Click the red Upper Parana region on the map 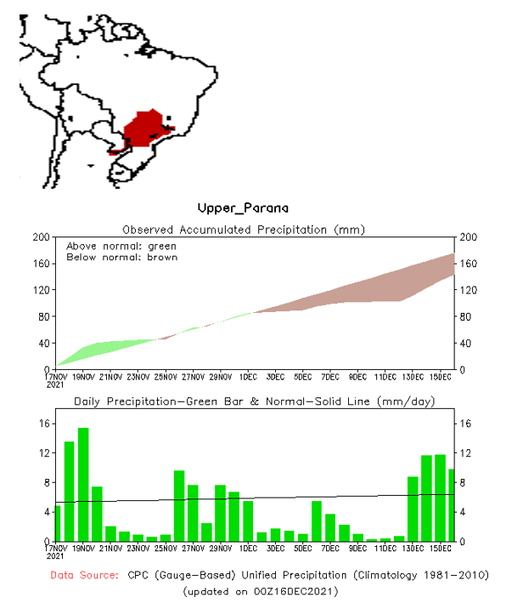(x=145, y=128)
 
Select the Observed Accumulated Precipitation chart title (x=255, y=230)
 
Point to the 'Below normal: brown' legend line (x=121, y=257)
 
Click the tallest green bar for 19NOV (x=83, y=485)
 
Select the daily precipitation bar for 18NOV (x=70, y=492)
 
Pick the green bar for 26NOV (x=179, y=505)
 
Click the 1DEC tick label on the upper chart (x=248, y=377)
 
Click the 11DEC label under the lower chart (x=385, y=549)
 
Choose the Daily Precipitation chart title (x=255, y=401)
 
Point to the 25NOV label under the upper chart (x=166, y=377)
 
